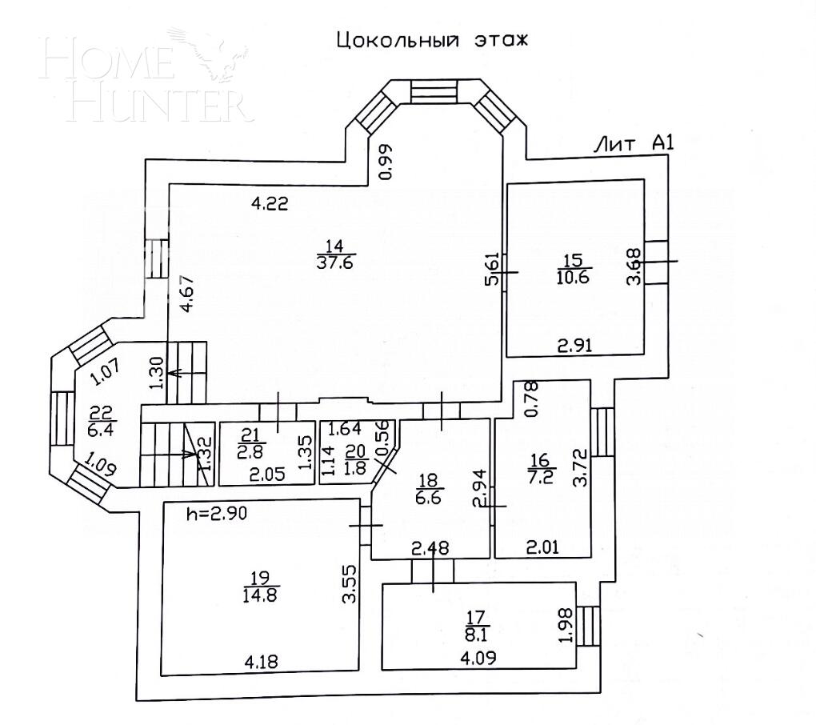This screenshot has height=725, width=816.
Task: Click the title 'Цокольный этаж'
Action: tap(432, 40)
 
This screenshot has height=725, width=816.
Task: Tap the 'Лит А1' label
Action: tap(634, 144)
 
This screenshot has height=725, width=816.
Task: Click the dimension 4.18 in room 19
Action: tap(263, 662)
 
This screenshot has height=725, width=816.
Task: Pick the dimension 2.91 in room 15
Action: tap(575, 346)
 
